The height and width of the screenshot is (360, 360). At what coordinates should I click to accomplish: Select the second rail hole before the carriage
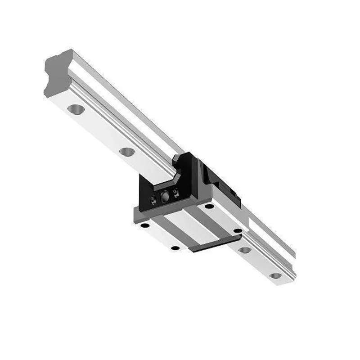127,152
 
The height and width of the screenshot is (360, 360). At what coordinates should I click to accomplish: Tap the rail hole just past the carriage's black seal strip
245,250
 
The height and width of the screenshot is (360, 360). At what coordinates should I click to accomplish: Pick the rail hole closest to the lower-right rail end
275,275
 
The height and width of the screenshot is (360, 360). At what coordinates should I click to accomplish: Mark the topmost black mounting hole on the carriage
209,206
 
